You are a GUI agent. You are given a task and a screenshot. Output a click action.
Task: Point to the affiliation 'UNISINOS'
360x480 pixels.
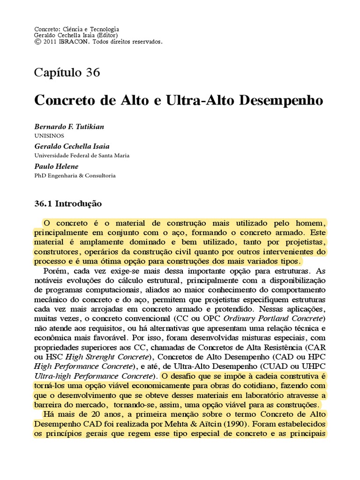49,135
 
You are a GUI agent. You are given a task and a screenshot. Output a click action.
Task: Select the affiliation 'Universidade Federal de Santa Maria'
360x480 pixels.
82,155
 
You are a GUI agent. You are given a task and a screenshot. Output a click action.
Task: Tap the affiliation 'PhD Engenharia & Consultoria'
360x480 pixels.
75,175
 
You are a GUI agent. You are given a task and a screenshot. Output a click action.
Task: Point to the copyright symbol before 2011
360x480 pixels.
37,42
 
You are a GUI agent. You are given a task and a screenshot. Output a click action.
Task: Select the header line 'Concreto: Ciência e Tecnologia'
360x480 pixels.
77,29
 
